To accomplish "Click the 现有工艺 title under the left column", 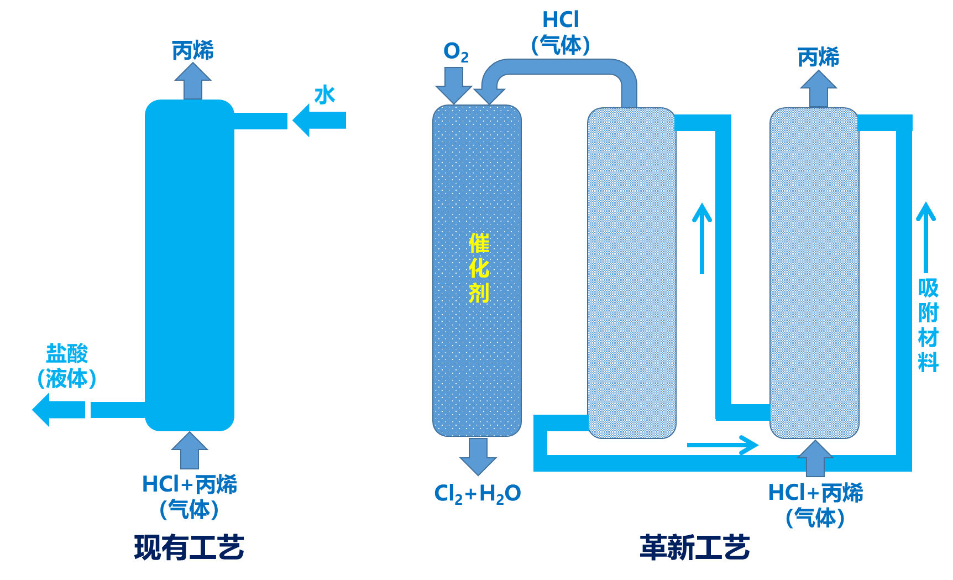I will [x=189, y=547].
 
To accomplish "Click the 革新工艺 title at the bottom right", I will [x=694, y=547].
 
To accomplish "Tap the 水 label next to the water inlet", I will [x=325, y=95].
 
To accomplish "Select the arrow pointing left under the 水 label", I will [x=318, y=120].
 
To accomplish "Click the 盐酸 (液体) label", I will [x=67, y=365].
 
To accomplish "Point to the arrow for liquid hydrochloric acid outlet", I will [x=58, y=410].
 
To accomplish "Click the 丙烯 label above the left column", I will [x=192, y=51].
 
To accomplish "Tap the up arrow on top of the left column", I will [x=192, y=81].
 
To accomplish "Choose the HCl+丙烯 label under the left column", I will [x=189, y=496].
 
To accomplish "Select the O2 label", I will [x=455, y=52].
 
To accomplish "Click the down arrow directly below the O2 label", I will [x=453, y=86].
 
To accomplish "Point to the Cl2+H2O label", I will [x=477, y=493].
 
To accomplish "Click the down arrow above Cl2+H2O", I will [x=478, y=456].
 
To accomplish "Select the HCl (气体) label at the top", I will [x=561, y=33].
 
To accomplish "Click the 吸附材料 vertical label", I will [x=928, y=325].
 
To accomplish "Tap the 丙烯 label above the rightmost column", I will [x=818, y=57].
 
